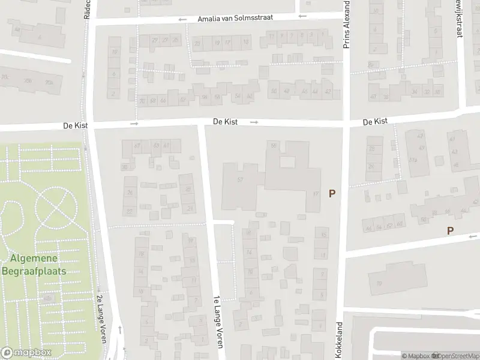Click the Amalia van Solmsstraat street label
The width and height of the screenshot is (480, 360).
(235, 18)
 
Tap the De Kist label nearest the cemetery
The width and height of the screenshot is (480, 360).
(76, 125)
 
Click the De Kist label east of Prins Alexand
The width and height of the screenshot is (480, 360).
(375, 122)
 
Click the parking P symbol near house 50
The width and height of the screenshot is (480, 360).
(450, 230)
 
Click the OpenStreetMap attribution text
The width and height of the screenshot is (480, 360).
(455, 356)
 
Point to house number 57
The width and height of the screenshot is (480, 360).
(241, 179)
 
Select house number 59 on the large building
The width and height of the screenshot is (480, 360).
(274, 146)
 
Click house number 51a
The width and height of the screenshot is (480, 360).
(413, 160)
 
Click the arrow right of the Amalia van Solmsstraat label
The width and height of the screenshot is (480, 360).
(302, 16)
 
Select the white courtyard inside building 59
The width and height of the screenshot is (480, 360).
(287, 162)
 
